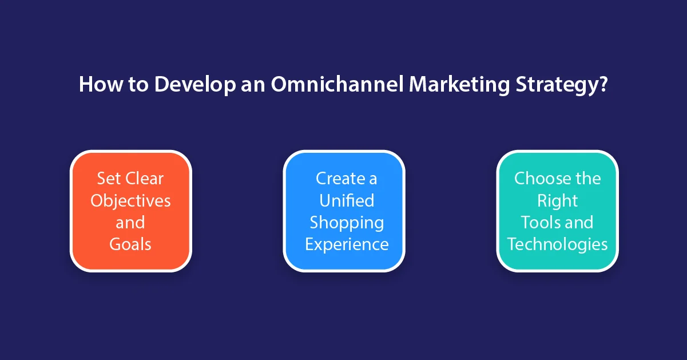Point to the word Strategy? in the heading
[562, 85]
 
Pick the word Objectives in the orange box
[130, 201]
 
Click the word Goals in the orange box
[130, 244]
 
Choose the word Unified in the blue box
[347, 200]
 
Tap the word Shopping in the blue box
[347, 223]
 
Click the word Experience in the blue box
[347, 244]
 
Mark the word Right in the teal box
[557, 200]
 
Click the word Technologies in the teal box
[557, 244]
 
